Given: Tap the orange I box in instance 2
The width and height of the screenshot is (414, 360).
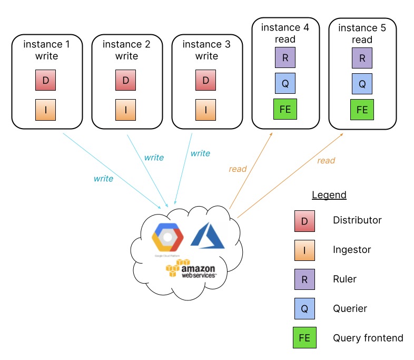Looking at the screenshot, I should [125, 110].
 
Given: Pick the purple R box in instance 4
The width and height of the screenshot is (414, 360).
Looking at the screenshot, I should [285, 57].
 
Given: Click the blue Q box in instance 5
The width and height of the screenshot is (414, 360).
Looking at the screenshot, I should [362, 83].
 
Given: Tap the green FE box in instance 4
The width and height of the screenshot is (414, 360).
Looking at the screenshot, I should [285, 109].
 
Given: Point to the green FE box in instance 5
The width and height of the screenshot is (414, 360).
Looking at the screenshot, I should [362, 110].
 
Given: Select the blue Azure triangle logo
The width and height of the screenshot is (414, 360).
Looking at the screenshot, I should [208, 236].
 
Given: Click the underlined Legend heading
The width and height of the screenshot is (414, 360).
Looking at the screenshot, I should [329, 195].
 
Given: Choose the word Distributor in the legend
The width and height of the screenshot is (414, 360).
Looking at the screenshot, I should [357, 220].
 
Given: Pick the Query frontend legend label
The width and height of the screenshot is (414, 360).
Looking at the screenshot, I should [368, 338].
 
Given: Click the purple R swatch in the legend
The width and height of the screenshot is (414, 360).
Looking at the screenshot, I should [304, 279].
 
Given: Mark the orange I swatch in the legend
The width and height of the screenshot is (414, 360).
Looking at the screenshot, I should [304, 250].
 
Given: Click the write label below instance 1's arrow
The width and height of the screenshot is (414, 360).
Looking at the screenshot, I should [103, 179].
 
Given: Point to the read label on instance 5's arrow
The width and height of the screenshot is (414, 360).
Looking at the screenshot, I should [326, 160].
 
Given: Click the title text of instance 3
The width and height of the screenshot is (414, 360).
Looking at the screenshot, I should [206, 50].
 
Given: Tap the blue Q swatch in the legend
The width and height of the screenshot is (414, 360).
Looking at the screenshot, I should [304, 309].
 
